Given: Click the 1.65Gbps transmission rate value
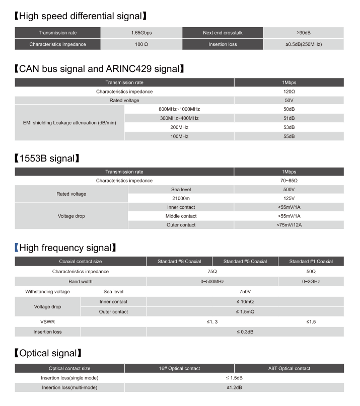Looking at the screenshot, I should (141, 33).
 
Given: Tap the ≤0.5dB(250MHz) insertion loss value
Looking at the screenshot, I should (304, 44).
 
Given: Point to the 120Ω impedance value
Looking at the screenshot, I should (289, 92).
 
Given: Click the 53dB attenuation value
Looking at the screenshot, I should (289, 127).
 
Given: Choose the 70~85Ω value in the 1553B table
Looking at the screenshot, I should (289, 180).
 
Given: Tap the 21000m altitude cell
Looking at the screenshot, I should (181, 198).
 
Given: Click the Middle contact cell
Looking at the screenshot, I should (181, 216).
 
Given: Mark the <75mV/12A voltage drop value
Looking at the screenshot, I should (289, 225).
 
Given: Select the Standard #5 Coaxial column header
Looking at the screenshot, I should (245, 262).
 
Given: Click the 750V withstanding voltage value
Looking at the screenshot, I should (245, 291).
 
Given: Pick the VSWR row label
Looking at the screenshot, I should (47, 321).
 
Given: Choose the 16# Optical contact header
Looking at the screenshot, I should (179, 368).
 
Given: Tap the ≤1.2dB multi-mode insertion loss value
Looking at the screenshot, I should (234, 387).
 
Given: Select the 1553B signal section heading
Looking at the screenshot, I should (48, 158).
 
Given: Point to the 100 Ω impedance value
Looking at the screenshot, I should (141, 44).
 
